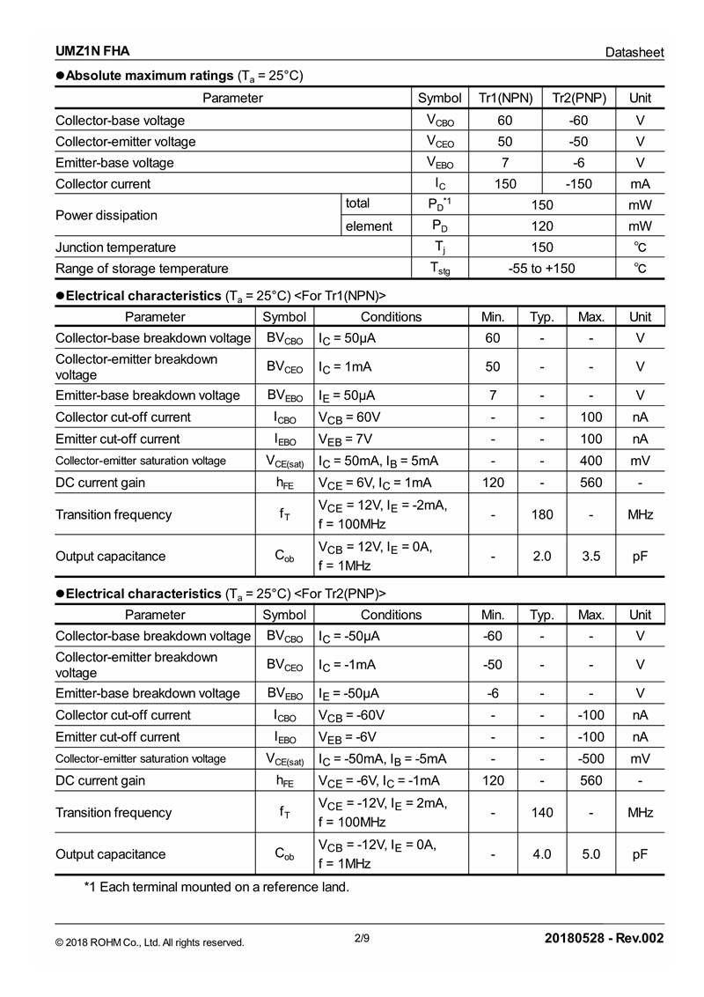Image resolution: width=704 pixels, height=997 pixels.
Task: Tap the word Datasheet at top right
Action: pyautogui.click(x=634, y=53)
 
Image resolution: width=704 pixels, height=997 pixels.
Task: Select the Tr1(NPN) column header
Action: pyautogui.click(x=505, y=98)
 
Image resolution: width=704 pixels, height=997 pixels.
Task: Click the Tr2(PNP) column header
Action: pyautogui.click(x=579, y=98)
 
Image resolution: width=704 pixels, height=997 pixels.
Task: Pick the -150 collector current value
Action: pyautogui.click(x=579, y=184)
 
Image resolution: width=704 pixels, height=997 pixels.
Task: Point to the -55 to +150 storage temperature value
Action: pyautogui.click(x=542, y=269)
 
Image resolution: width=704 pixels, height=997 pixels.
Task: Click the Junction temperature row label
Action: pyautogui.click(x=115, y=247)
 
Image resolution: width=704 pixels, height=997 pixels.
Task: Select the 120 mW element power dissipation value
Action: pyautogui.click(x=542, y=226)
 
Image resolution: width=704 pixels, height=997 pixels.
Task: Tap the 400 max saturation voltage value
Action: pyautogui.click(x=591, y=461)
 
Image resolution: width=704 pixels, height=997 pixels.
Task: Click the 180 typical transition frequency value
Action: pyautogui.click(x=542, y=514)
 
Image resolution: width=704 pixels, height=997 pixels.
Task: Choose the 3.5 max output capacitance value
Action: pyautogui.click(x=591, y=557)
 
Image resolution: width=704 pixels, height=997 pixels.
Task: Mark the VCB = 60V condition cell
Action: pyautogui.click(x=349, y=417)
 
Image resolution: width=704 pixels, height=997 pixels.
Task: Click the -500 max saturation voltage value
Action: pyautogui.click(x=591, y=758)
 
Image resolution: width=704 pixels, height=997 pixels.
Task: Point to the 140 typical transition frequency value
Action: pyautogui.click(x=542, y=812)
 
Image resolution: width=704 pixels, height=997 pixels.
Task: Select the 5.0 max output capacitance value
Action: pyautogui.click(x=591, y=854)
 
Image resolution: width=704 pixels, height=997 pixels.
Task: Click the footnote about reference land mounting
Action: pyautogui.click(x=216, y=887)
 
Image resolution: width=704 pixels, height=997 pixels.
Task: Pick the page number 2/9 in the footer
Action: pyautogui.click(x=362, y=938)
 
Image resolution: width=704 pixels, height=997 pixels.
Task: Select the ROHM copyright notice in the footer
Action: pyautogui.click(x=150, y=942)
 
